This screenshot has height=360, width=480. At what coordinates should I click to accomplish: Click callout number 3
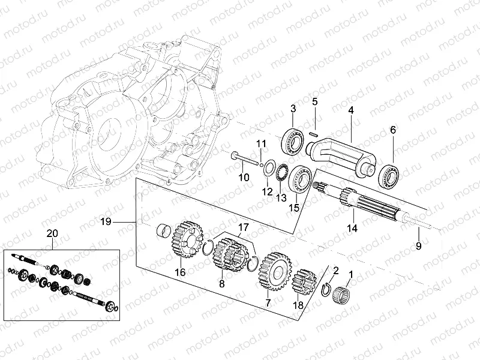tap(293, 109)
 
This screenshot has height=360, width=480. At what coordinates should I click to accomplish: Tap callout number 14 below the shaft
tap(352, 228)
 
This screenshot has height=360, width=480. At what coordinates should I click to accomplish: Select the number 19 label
tap(106, 222)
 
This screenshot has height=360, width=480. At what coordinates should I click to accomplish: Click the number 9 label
tap(418, 246)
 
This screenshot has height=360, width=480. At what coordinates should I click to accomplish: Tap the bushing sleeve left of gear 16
tap(163, 231)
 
